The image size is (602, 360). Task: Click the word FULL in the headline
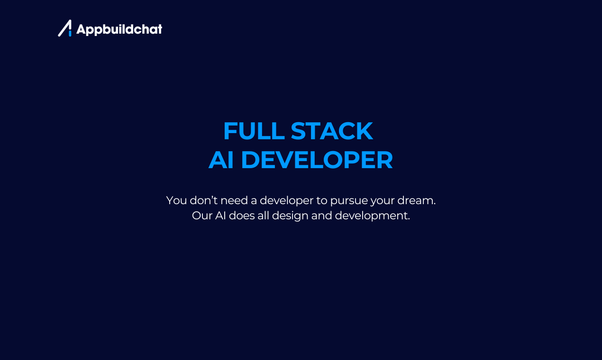[254, 131]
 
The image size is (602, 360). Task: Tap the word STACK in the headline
[332, 131]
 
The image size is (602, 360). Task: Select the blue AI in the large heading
[221, 160]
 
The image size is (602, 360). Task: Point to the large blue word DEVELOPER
[317, 160]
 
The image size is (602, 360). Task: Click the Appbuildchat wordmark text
[119, 29]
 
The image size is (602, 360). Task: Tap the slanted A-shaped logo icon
[65, 28]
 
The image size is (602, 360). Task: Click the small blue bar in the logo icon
[70, 33]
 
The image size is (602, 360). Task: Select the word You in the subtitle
[176, 200]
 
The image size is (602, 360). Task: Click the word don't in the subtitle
[203, 200]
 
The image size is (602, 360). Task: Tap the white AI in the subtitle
[220, 216]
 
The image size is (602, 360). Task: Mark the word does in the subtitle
[242, 216]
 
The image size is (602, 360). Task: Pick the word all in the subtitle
[264, 216]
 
